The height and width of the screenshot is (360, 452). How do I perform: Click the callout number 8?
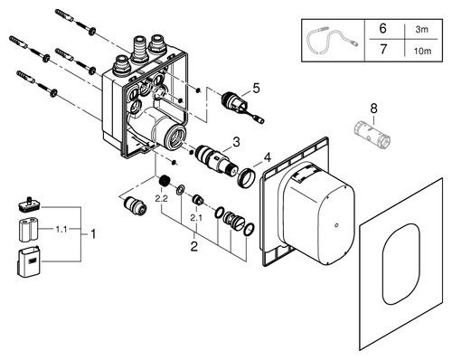click(x=373, y=109)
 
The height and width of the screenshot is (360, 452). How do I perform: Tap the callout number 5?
click(x=256, y=89)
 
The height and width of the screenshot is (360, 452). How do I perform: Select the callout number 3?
click(x=236, y=142)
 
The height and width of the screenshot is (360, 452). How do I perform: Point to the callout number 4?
click(x=267, y=157)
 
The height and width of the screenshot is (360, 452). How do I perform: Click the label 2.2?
click(x=161, y=199)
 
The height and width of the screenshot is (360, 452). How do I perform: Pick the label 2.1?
click(x=196, y=217)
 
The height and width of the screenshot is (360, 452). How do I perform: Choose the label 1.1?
click(x=61, y=230)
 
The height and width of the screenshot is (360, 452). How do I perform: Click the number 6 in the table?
click(x=382, y=28)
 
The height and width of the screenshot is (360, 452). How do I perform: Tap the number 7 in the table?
click(x=383, y=49)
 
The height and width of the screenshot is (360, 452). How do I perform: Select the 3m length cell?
click(x=422, y=30)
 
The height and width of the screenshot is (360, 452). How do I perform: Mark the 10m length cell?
click(x=422, y=52)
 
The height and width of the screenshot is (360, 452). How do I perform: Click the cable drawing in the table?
click(x=333, y=41)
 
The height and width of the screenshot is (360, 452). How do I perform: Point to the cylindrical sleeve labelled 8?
click(x=372, y=135)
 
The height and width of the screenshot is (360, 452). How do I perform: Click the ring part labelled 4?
click(x=247, y=178)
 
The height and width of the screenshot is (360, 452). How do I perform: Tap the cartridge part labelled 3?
click(x=215, y=159)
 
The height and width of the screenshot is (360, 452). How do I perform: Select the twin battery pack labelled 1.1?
click(x=29, y=230)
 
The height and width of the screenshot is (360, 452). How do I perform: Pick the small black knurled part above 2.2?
click(x=165, y=181)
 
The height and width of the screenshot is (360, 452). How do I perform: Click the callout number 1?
click(x=93, y=233)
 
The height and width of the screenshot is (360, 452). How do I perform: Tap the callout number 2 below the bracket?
click(x=194, y=246)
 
